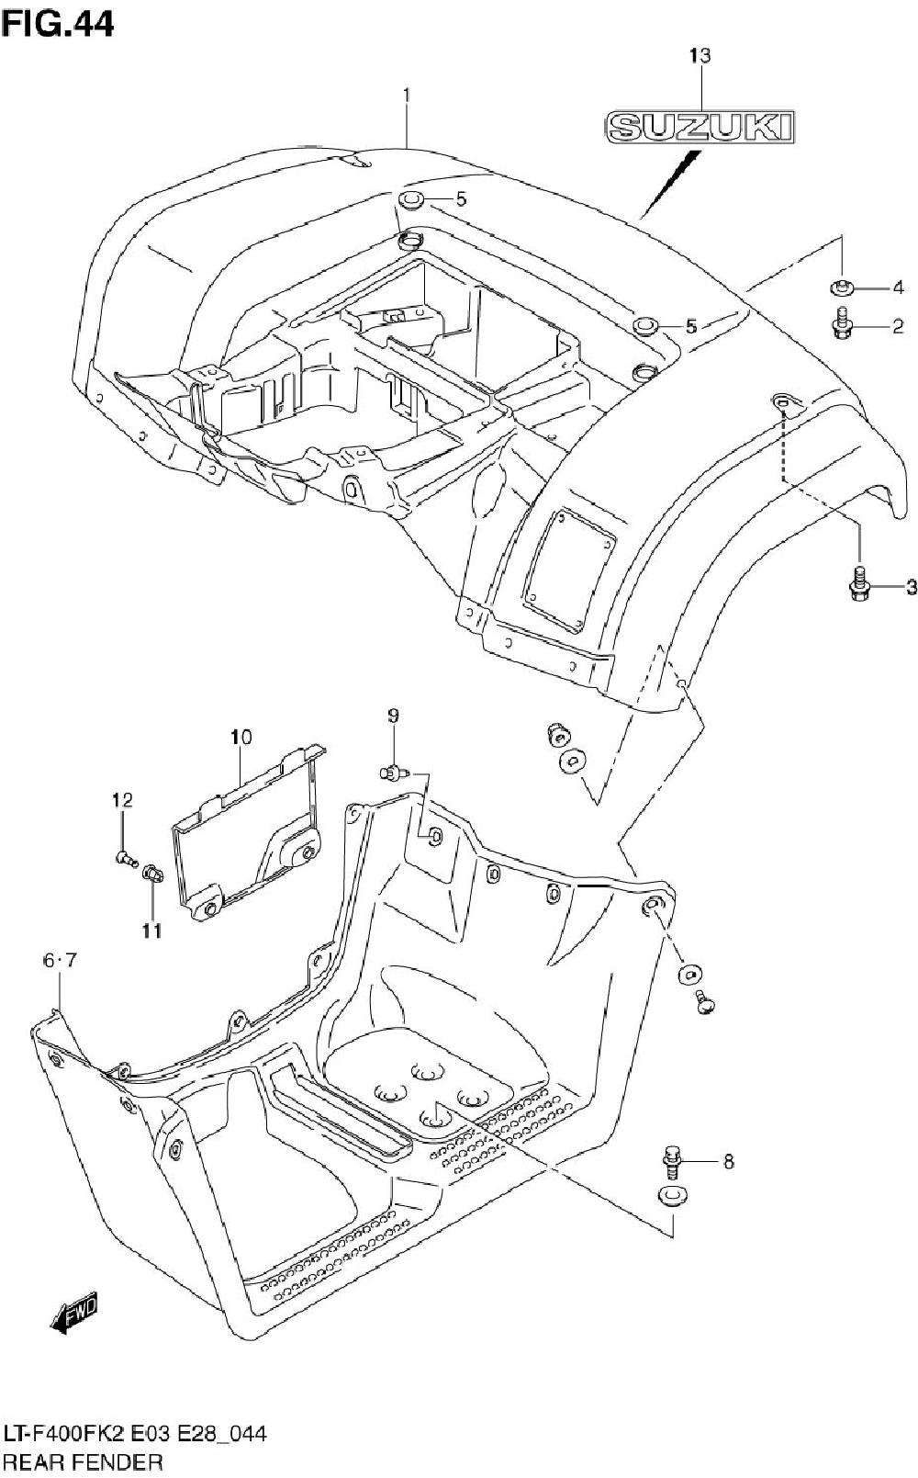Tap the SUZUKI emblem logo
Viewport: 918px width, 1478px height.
point(700,128)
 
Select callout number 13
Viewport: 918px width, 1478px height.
point(700,56)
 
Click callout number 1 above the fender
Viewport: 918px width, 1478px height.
point(406,95)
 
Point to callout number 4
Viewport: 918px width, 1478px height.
point(898,288)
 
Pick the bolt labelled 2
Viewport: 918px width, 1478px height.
point(841,324)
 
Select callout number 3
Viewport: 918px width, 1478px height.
point(910,587)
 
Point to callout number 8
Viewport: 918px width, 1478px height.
point(728,1162)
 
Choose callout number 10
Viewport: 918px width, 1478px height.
point(241,736)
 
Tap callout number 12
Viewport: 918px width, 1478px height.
point(122,800)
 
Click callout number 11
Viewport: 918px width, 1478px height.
point(151,931)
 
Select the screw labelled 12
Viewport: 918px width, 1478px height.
point(125,859)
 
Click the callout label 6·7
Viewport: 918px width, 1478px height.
point(60,961)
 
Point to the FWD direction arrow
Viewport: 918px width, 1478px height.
point(73,1314)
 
